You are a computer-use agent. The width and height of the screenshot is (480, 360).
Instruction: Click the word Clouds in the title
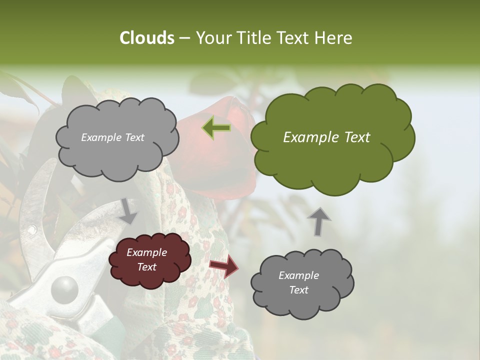point(146,38)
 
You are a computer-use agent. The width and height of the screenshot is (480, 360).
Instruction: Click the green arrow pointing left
point(216,128)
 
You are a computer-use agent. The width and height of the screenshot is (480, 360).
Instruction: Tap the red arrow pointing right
point(224,266)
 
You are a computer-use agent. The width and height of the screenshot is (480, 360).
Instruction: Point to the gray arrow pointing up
point(319,221)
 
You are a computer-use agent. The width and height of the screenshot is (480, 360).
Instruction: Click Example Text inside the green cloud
point(326,137)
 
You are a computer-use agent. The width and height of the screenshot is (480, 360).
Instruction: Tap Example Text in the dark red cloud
point(146,260)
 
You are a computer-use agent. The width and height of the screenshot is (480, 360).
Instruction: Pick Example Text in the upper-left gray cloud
point(112,137)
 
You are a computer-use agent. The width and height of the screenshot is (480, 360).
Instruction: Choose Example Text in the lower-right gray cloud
point(298,282)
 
